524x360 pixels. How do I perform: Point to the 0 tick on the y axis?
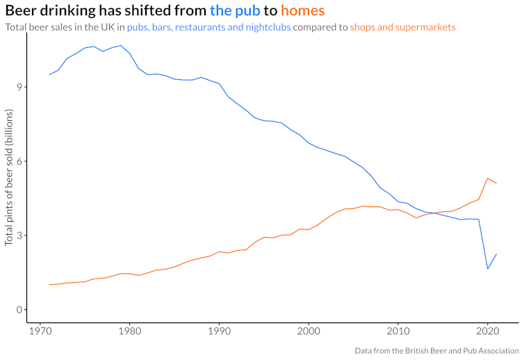[x=20, y=309]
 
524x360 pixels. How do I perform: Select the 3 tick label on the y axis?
[x=20, y=236]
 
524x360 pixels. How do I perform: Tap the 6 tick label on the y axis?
[x=20, y=161]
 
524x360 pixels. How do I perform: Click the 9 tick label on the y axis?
[x=20, y=87]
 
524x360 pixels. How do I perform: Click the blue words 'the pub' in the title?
[x=235, y=11]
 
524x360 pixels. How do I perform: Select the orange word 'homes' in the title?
[x=302, y=11]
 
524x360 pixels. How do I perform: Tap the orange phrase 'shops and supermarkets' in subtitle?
[x=403, y=28]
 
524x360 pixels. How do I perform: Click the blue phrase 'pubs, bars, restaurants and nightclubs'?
[x=208, y=28]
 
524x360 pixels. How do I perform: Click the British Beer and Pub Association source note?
[x=436, y=351]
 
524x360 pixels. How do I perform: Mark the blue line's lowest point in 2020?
[x=488, y=269]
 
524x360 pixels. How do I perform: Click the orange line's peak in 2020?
[x=488, y=178]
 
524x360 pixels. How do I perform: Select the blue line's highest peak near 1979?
[x=121, y=45]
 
